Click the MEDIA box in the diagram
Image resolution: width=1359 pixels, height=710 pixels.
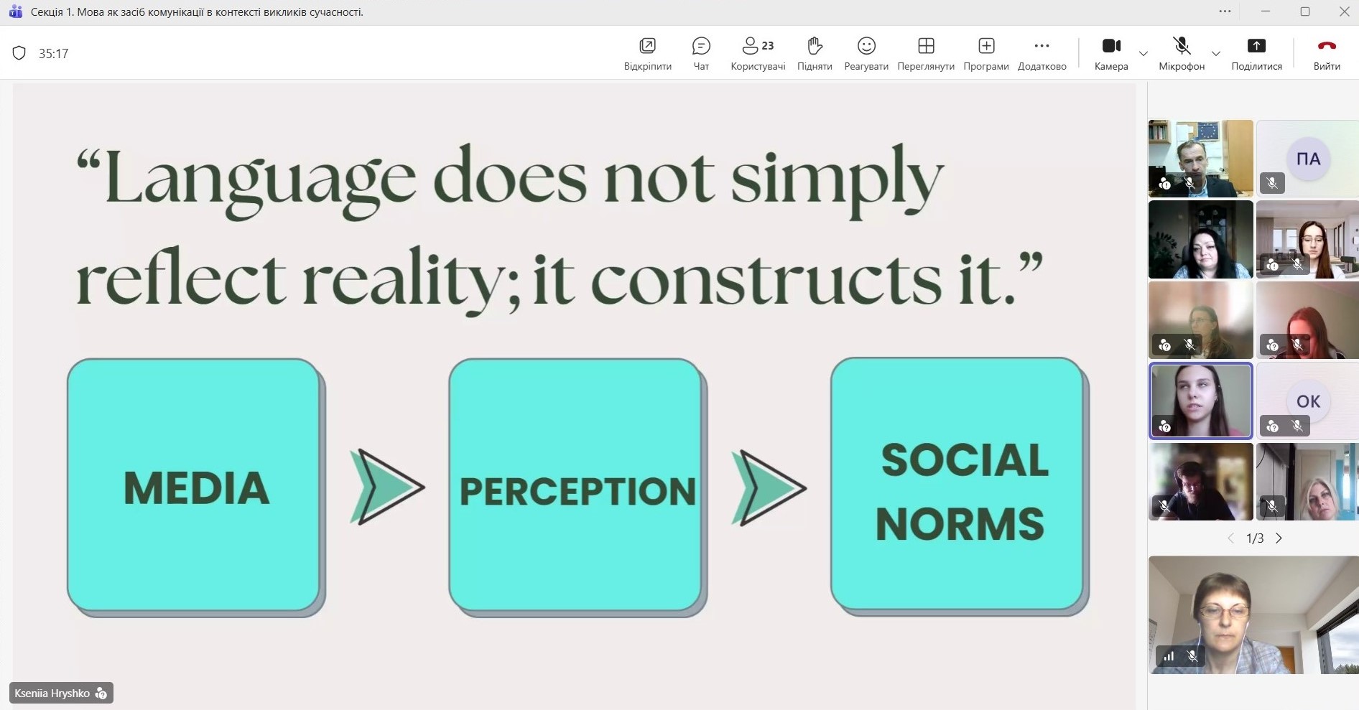pos(195,487)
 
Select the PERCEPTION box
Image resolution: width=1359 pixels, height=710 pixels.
pos(578,487)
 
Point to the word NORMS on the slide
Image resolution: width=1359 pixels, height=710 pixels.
pos(960,523)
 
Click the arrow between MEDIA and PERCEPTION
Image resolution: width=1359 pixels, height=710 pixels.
pos(387,487)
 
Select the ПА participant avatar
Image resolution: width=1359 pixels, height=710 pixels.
pos(1308,159)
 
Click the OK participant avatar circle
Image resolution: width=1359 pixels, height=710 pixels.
pos(1308,401)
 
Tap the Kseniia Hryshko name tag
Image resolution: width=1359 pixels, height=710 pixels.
pos(61,693)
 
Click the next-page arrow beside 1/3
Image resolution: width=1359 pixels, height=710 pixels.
pos(1279,538)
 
